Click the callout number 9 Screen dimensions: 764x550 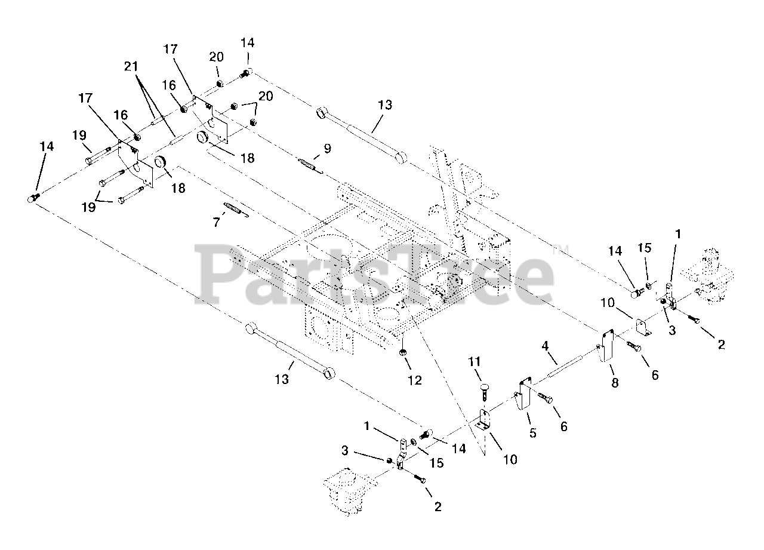pyautogui.click(x=327, y=149)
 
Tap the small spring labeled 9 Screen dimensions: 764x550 pyautogui.click(x=311, y=166)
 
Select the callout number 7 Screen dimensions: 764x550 pyautogui.click(x=216, y=223)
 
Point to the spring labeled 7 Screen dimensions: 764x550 pyautogui.click(x=236, y=210)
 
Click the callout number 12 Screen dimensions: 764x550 pyautogui.click(x=415, y=380)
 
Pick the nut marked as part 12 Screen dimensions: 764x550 pyautogui.click(x=403, y=352)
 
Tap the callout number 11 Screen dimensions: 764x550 pyautogui.click(x=475, y=361)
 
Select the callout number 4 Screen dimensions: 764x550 pyautogui.click(x=545, y=346)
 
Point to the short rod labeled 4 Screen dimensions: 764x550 pyautogui.click(x=564, y=366)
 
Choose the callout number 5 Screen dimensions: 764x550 pyautogui.click(x=533, y=433)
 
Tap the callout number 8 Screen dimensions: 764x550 pyautogui.click(x=615, y=383)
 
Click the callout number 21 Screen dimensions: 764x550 pyautogui.click(x=131, y=66)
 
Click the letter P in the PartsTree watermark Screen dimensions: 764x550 pyautogui.click(x=224, y=274)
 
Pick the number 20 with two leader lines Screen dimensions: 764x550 pyautogui.click(x=266, y=97)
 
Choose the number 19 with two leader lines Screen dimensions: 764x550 pyautogui.click(x=89, y=207)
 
